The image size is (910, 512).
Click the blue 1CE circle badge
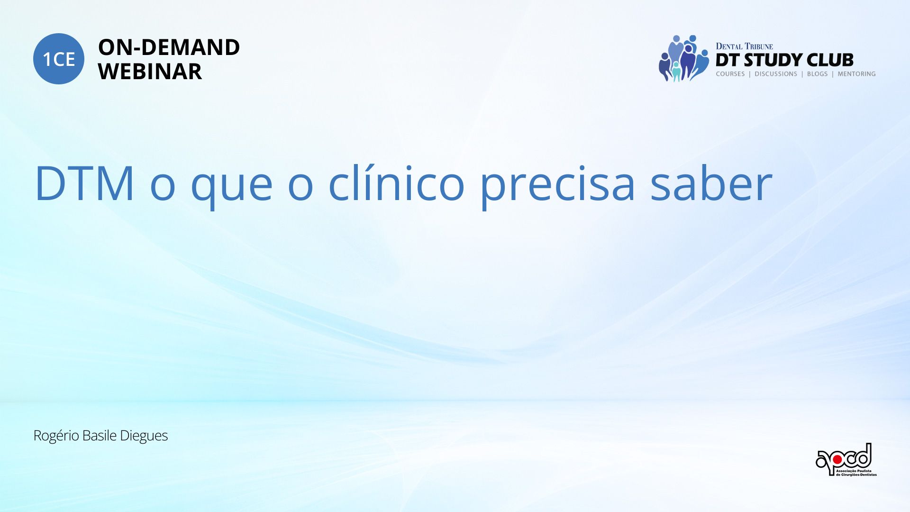pos(59,59)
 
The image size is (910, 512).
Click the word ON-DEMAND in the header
pos(169,47)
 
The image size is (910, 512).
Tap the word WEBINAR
pos(150,72)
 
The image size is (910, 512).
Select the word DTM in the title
pos(85,183)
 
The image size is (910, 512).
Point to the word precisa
pos(557,185)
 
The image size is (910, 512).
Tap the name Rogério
pos(56,436)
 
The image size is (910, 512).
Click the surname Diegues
pos(144,436)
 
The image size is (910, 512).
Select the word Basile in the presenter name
pos(99,435)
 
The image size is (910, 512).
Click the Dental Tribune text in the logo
pos(744,46)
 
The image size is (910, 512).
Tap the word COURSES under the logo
pos(730,74)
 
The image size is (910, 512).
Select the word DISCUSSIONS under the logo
pos(776,74)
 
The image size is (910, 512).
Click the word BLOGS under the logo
pos(817,74)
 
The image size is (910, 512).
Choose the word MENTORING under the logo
pos(856,74)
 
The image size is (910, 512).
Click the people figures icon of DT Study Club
pos(684,58)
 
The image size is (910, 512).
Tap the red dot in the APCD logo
pos(837,459)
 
